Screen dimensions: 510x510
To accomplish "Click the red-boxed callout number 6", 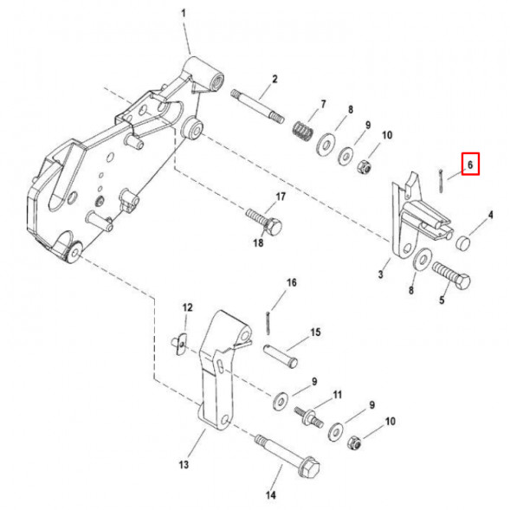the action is [470, 165].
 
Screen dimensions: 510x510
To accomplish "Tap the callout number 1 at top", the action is [184, 13].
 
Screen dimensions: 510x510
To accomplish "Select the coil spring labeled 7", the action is [303, 130].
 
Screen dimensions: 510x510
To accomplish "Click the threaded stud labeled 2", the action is [258, 107].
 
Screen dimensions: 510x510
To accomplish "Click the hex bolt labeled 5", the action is [452, 275].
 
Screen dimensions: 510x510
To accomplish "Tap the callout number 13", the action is [184, 464].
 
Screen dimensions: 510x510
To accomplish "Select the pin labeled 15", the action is [280, 356].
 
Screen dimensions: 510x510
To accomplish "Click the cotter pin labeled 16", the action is [268, 322].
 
